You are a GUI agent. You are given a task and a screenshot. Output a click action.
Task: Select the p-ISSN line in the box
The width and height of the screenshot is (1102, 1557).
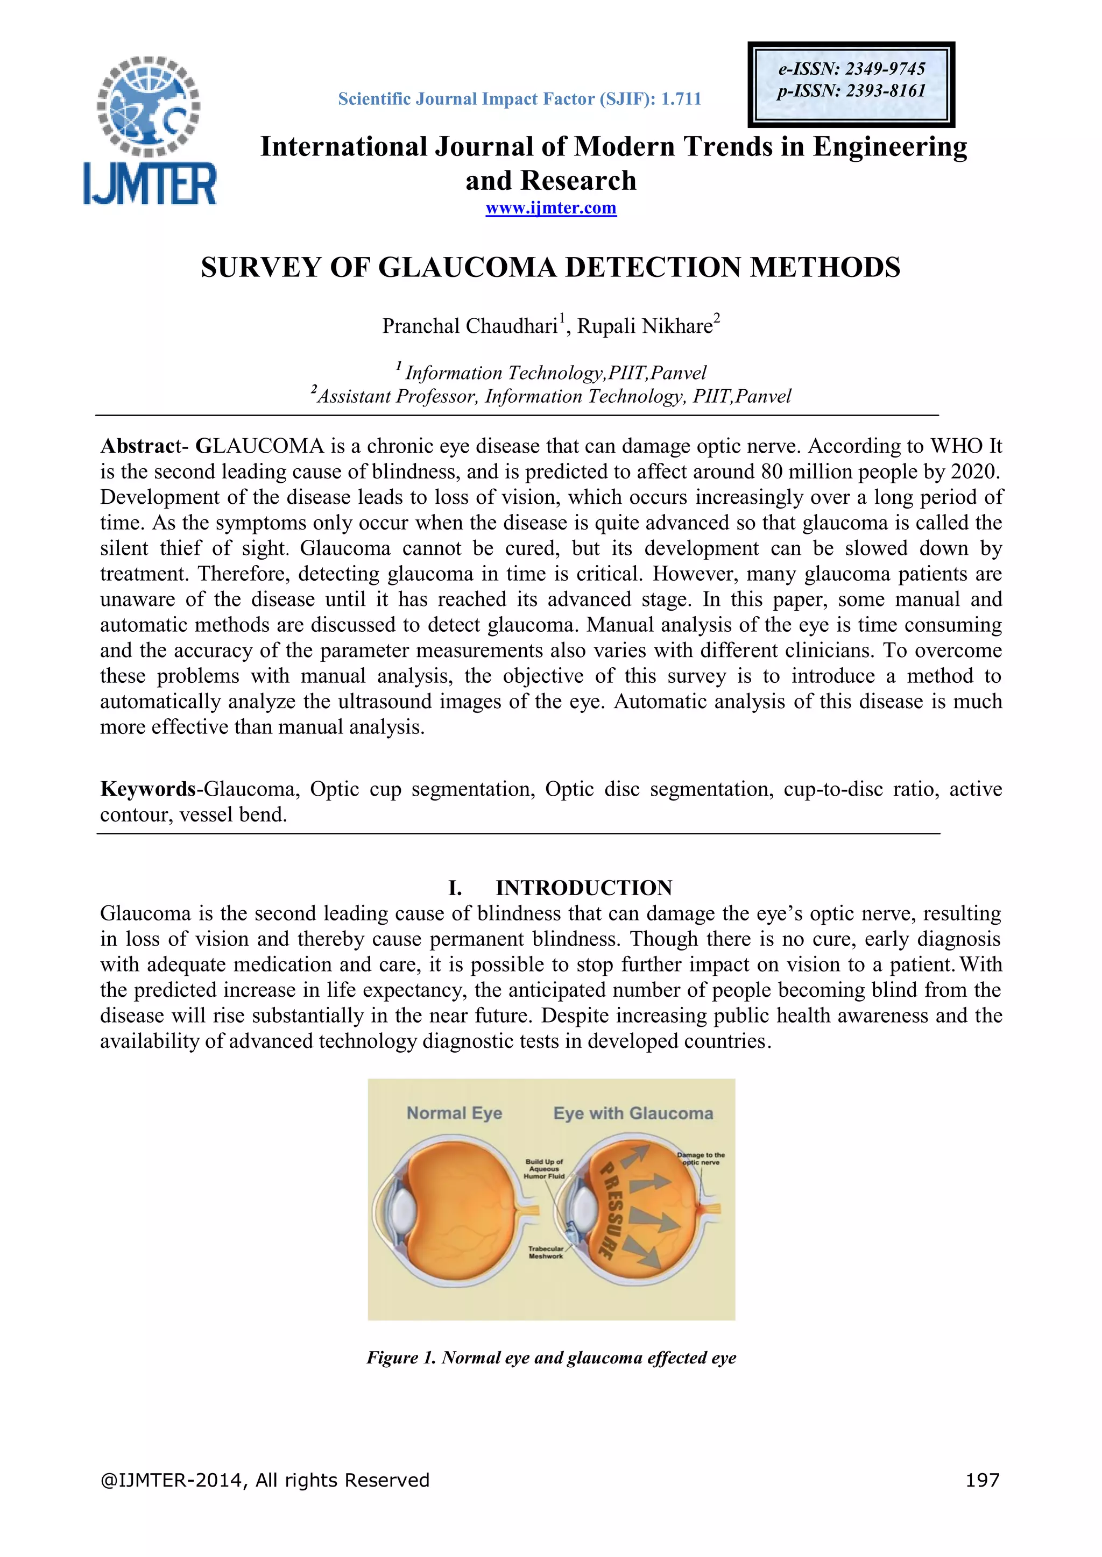852,91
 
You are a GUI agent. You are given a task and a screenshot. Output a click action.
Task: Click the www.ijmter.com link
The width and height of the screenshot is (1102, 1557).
551,208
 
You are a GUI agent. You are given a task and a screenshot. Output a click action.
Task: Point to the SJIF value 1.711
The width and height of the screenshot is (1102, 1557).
681,99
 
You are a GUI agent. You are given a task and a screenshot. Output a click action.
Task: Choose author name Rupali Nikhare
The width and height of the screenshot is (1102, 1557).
645,326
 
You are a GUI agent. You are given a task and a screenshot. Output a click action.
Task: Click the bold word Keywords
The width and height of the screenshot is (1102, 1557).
148,789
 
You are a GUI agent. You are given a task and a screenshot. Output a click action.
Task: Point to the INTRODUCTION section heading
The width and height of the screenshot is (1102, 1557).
584,888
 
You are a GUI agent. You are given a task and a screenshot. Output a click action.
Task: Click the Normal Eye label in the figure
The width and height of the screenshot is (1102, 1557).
454,1113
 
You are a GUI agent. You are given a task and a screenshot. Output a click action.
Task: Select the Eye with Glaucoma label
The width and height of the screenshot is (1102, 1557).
633,1113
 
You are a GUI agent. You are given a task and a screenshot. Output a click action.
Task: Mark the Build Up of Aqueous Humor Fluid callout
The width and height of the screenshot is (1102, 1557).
544,1168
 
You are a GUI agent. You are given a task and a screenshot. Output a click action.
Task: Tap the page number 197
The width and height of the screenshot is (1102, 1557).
982,1480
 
